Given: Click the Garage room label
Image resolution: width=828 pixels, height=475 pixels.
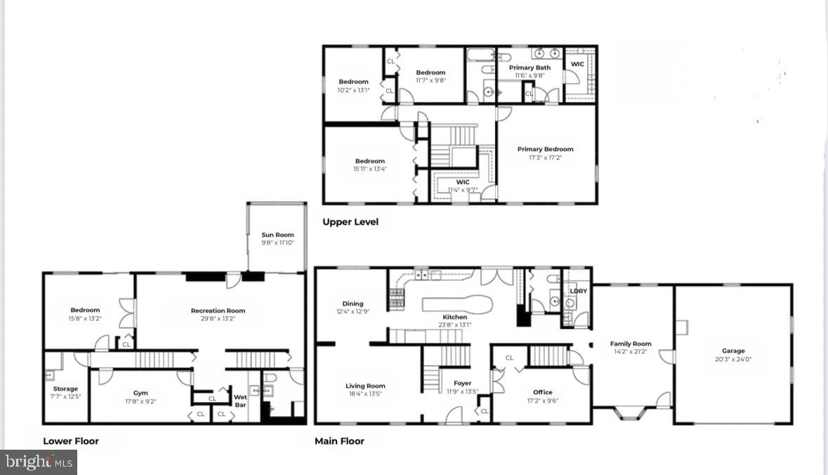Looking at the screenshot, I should [x=733, y=351].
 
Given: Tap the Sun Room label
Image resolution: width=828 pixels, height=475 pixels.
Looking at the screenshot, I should [x=277, y=235].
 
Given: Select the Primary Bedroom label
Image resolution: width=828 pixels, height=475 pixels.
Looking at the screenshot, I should [x=545, y=149].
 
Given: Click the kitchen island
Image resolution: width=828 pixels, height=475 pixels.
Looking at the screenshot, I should [x=457, y=305].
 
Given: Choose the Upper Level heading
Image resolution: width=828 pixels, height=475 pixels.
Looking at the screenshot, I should [x=350, y=222].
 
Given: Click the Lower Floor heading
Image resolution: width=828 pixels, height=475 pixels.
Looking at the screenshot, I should [x=71, y=441].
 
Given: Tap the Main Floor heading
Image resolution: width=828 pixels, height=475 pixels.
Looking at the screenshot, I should [x=340, y=441].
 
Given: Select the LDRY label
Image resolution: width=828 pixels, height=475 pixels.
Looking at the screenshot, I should [x=578, y=291].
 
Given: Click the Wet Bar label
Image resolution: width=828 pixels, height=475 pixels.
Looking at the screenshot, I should [x=240, y=401].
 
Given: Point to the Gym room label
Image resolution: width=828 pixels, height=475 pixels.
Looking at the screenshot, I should [x=140, y=393].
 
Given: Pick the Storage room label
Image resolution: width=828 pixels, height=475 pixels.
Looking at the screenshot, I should [x=66, y=389].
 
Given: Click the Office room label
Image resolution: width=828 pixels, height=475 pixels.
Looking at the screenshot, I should [x=542, y=392].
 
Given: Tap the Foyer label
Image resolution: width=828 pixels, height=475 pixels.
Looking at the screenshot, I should [x=462, y=383].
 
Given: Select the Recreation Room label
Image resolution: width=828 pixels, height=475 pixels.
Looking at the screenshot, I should [x=218, y=310].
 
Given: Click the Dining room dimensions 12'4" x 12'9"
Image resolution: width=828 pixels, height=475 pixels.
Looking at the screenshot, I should [x=353, y=311].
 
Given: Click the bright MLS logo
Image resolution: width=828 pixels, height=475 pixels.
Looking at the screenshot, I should [x=39, y=462].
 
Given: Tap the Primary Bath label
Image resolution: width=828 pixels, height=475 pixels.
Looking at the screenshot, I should [x=530, y=67].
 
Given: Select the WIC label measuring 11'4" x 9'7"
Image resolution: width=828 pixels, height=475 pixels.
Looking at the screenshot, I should [x=462, y=182].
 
